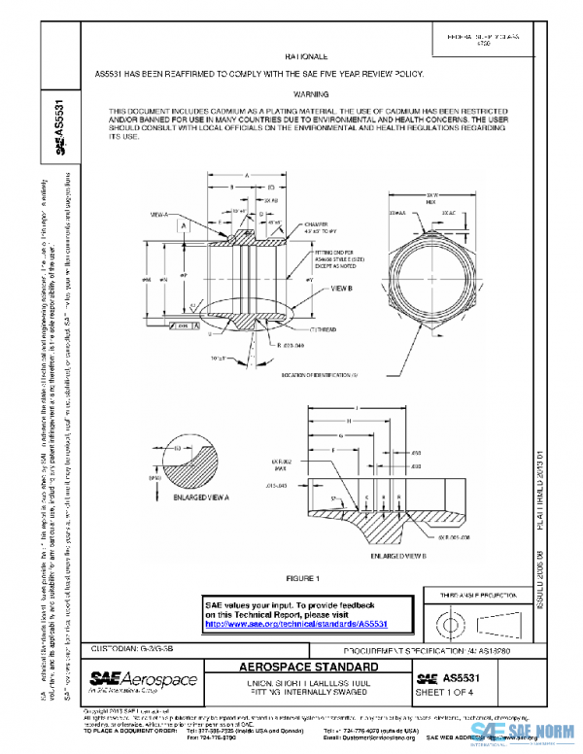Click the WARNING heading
coord(311,94)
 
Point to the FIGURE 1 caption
coord(300,579)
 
